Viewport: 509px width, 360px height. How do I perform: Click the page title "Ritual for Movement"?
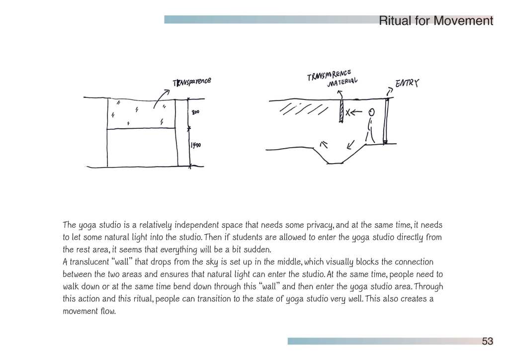click(436, 21)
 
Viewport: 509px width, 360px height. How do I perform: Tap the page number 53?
click(488, 341)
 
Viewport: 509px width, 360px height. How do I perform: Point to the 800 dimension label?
click(195, 112)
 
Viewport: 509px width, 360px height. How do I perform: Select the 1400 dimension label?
click(196, 145)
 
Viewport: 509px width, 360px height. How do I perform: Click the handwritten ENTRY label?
click(407, 83)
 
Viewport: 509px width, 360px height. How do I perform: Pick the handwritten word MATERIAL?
click(342, 82)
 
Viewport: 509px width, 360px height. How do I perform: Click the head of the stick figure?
click(372, 112)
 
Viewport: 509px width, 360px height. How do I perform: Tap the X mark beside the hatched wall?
click(348, 113)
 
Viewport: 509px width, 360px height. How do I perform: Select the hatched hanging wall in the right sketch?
click(341, 111)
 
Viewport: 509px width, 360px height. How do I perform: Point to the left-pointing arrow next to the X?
click(356, 112)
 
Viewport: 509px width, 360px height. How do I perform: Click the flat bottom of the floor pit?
click(335, 163)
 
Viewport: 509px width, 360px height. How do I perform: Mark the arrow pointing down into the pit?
click(350, 145)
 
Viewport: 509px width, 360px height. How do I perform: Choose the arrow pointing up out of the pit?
click(324, 145)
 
